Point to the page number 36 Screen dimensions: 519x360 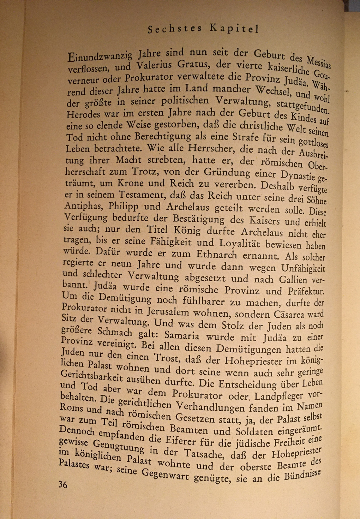[x=63, y=484]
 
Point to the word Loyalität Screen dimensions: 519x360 [x=238, y=243]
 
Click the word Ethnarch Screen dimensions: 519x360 [x=216, y=255]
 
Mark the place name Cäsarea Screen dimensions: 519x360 [x=284, y=315]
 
